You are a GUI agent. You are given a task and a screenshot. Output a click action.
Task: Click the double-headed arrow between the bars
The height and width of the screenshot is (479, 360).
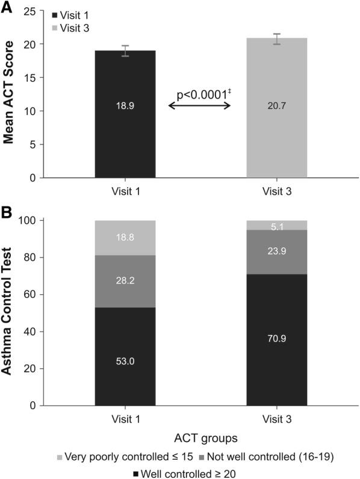[200, 106]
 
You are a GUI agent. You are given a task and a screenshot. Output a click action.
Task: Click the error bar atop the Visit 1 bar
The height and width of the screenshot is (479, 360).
[125, 51]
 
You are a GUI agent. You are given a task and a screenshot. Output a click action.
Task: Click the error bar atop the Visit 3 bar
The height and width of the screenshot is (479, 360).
[277, 39]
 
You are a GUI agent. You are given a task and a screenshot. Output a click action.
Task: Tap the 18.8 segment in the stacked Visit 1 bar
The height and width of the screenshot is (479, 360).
[125, 237]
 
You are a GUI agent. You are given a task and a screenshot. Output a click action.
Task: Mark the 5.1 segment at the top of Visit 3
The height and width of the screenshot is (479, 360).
[277, 225]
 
